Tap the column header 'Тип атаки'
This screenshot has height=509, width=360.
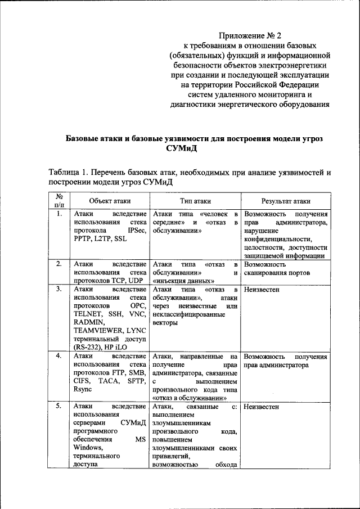(x=196, y=201)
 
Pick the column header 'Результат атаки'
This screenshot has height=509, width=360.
(x=286, y=201)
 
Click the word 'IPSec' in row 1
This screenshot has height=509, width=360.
(x=137, y=231)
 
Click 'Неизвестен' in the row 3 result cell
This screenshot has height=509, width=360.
(x=262, y=289)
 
